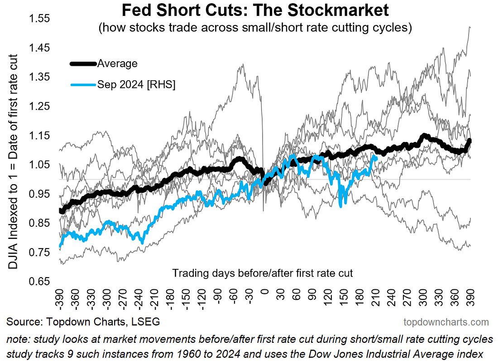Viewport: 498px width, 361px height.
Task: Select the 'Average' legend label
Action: click(117, 64)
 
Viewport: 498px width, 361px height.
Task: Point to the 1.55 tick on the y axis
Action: click(40, 19)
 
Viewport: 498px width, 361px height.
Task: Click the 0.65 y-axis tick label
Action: click(40, 281)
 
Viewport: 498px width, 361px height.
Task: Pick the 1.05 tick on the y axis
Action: click(40, 165)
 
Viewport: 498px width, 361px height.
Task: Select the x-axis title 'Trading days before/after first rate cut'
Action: click(263, 273)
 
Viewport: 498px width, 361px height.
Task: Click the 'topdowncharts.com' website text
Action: click(446, 322)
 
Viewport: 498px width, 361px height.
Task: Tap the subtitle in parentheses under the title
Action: click(255, 28)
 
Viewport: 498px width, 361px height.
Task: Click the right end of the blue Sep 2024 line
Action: click(375, 158)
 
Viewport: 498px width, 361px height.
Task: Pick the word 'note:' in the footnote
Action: click(17, 340)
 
